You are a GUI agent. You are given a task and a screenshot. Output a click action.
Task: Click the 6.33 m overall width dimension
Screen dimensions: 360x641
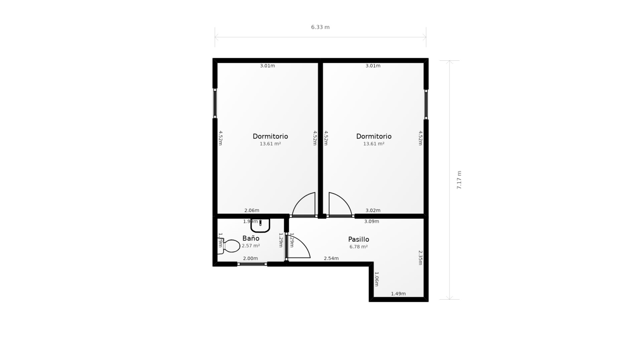coord(320,27)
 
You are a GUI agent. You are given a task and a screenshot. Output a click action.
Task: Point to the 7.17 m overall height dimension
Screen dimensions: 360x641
coord(459,180)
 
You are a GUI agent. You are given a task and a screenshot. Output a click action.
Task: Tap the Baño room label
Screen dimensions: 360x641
coord(251,238)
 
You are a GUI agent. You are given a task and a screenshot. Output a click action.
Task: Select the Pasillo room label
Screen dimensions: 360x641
coord(359,239)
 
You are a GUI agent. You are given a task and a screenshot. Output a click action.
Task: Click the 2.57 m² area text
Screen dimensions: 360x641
coord(251,246)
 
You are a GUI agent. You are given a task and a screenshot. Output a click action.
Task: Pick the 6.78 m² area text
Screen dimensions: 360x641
coord(359,247)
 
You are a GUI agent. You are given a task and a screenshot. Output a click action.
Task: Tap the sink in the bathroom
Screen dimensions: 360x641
coord(260,225)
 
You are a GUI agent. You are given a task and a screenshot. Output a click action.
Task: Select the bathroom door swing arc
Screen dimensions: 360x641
coord(299,248)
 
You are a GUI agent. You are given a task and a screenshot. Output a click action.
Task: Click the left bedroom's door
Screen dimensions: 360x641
coord(304,205)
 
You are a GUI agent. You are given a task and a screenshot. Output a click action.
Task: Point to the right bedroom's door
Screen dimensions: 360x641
coord(340,205)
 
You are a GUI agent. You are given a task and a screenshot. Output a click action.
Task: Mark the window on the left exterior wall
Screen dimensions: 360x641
coord(215,103)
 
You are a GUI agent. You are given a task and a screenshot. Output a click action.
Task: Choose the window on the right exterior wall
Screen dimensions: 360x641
coord(426,104)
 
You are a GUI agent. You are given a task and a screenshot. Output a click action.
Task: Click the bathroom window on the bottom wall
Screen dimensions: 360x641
coord(252,264)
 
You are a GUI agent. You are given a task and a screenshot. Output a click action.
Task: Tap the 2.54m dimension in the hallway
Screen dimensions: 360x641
coord(331,259)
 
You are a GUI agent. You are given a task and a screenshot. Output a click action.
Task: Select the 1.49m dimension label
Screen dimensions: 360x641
coord(398,294)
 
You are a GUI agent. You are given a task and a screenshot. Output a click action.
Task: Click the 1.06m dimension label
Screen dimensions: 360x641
coord(376,279)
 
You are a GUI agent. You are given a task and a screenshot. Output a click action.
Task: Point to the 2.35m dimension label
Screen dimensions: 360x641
coord(420,257)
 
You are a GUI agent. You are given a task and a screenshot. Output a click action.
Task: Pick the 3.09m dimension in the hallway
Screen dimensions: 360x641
coord(371,222)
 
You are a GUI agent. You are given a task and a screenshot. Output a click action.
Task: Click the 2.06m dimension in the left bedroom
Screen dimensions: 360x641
coord(251,211)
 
